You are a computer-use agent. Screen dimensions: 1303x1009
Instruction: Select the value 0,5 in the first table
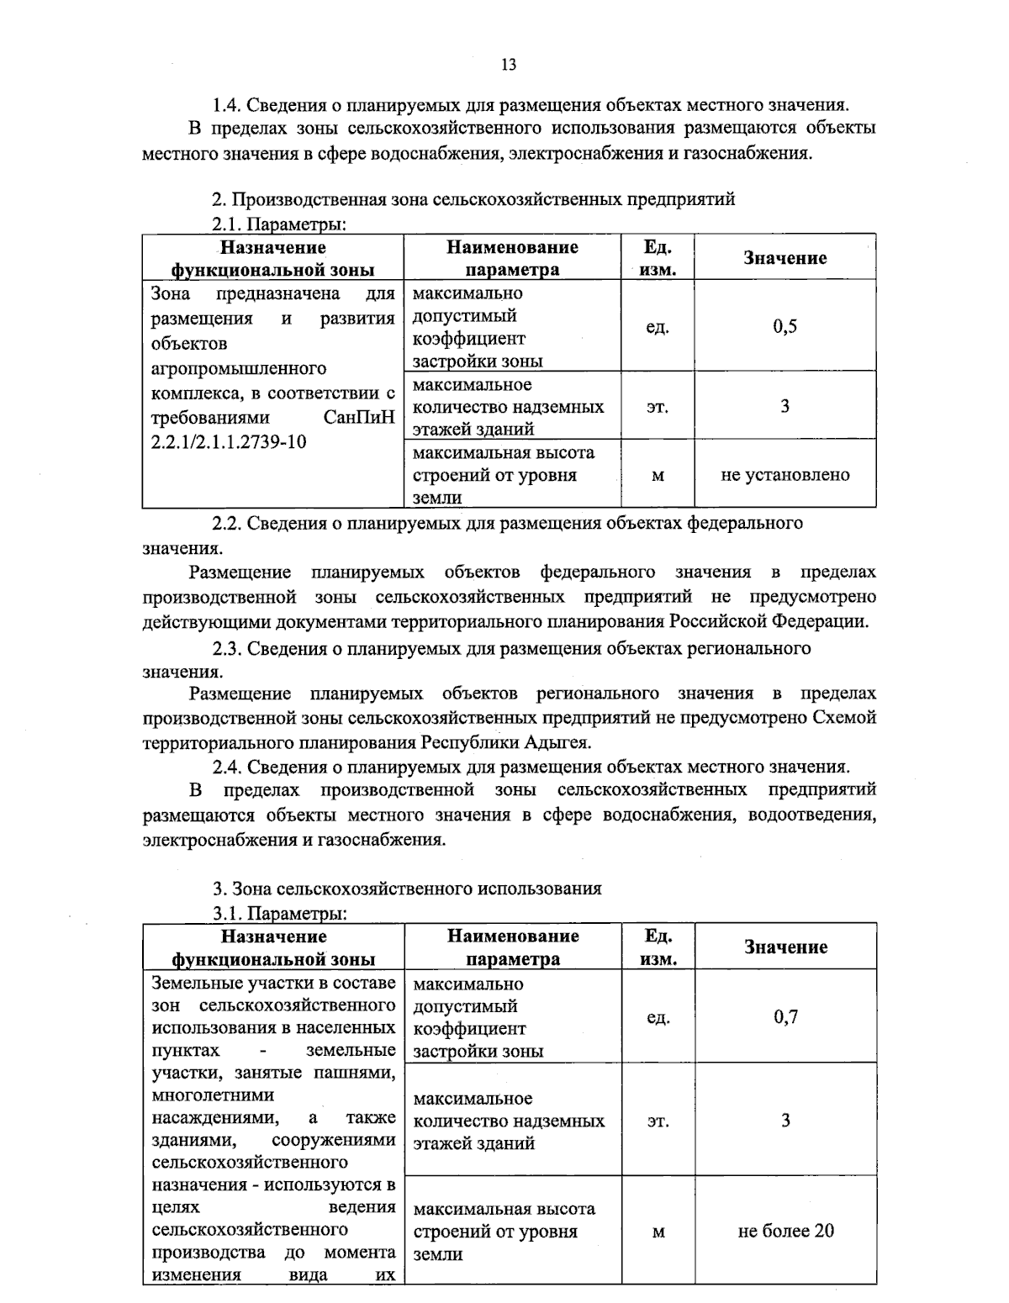(784, 327)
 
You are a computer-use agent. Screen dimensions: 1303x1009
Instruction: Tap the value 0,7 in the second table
(785, 1017)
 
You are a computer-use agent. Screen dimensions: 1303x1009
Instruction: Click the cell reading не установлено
(784, 475)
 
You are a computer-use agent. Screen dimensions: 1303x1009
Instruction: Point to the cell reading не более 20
(785, 1231)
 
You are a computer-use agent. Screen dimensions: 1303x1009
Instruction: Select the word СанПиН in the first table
(359, 418)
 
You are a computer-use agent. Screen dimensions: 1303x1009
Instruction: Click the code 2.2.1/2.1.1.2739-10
(229, 442)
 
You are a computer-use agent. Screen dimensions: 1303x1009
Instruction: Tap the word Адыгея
(557, 742)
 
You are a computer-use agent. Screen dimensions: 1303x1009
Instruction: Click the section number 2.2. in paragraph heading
(227, 523)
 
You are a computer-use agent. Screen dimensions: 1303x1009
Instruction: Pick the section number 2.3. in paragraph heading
(227, 648)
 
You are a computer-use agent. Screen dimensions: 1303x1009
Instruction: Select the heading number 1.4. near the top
(227, 105)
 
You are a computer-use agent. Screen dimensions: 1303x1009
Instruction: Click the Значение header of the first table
(784, 258)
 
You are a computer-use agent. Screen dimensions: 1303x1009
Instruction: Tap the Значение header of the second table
(785, 947)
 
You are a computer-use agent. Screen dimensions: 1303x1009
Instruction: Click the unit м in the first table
(658, 476)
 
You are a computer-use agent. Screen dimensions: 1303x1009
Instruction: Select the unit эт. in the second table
(658, 1121)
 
